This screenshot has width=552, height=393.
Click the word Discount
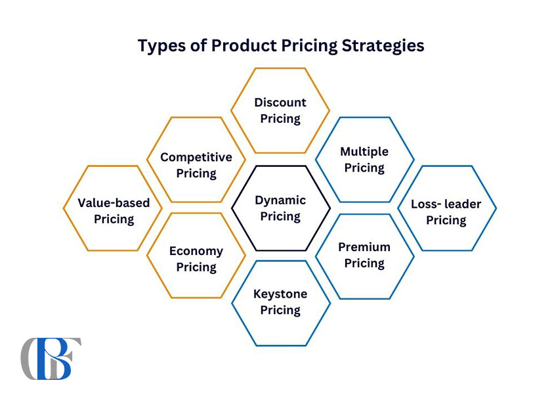click(280, 103)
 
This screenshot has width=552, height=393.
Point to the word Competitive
click(196, 157)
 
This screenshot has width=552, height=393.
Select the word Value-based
click(114, 202)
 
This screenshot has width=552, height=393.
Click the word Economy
click(196, 251)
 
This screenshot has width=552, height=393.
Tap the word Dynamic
click(280, 200)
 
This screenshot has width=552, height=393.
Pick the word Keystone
click(280, 294)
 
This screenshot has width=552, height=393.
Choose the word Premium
click(364, 247)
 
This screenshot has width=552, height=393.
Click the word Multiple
click(364, 152)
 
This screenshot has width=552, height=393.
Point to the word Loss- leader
click(446, 204)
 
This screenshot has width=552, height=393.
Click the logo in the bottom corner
click(51, 358)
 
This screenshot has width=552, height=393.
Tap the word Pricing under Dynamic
click(280, 216)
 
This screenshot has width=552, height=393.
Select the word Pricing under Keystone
click(280, 310)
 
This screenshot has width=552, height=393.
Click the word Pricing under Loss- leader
click(446, 220)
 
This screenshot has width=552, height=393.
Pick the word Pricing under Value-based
click(114, 220)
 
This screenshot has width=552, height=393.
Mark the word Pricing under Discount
click(280, 119)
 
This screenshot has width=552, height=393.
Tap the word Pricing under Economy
click(196, 267)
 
